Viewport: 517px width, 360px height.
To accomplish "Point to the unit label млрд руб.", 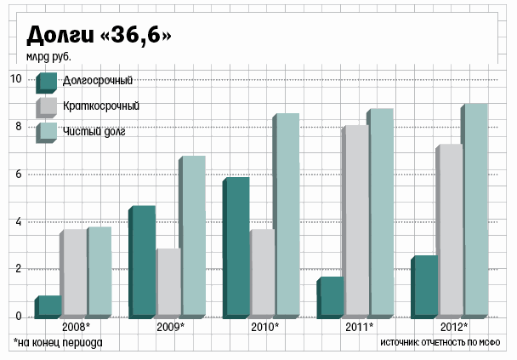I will coord(48,58).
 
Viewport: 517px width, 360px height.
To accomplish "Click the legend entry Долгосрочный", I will coord(97,82).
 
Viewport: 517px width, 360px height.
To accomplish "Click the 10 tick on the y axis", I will coord(15,79).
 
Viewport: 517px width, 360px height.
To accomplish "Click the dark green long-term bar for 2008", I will coord(48,307).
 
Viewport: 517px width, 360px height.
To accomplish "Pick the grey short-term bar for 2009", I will coord(168,283).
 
